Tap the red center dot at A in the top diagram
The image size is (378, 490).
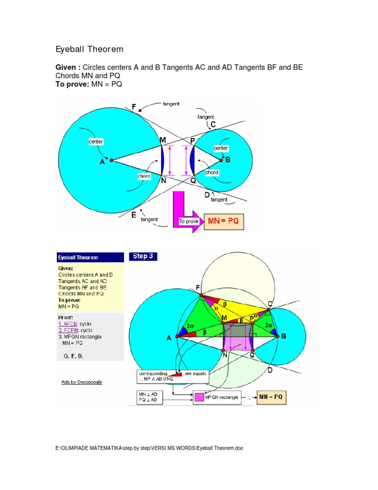[x=112, y=160]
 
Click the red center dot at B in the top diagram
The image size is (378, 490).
[x=221, y=160]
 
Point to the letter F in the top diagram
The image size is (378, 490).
[x=134, y=107]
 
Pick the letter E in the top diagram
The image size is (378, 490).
[x=133, y=215]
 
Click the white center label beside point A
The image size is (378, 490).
[x=95, y=142]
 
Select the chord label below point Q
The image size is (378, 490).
[x=212, y=173]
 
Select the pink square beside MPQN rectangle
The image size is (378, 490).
[x=199, y=397]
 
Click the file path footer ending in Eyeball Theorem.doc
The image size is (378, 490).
[x=150, y=448]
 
